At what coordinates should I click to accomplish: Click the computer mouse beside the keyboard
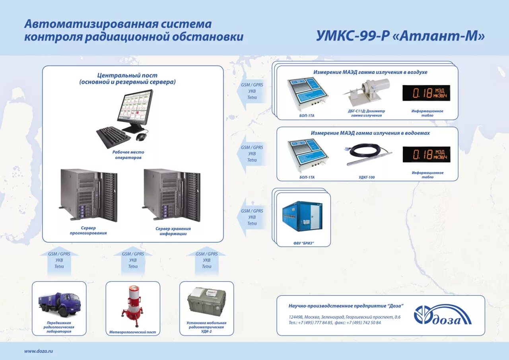pyautogui.click(x=141, y=137)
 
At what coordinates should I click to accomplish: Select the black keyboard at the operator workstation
pyautogui.click(x=113, y=137)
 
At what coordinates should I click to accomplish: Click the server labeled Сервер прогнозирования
pyautogui.click(x=89, y=195)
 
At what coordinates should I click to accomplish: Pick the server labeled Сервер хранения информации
pyautogui.click(x=172, y=195)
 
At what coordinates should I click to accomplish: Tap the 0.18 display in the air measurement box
pyautogui.click(x=426, y=93)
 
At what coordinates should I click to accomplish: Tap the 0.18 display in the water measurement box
pyautogui.click(x=426, y=155)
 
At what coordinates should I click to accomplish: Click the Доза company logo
pyautogui.click(x=442, y=315)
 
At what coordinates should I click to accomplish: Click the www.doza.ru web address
pyautogui.click(x=39, y=351)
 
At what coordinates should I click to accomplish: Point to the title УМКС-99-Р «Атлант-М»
pyautogui.click(x=400, y=36)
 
